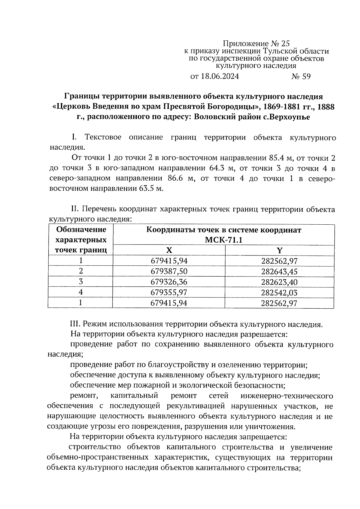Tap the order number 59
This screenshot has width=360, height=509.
[306, 76]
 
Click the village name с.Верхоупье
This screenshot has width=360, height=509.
[286, 117]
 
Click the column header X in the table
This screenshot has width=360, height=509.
[169, 250]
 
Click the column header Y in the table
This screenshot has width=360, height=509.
[279, 250]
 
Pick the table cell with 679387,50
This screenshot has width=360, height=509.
[169, 271]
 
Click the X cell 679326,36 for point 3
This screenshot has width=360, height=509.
[169, 282]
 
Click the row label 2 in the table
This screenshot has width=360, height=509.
[80, 271]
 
